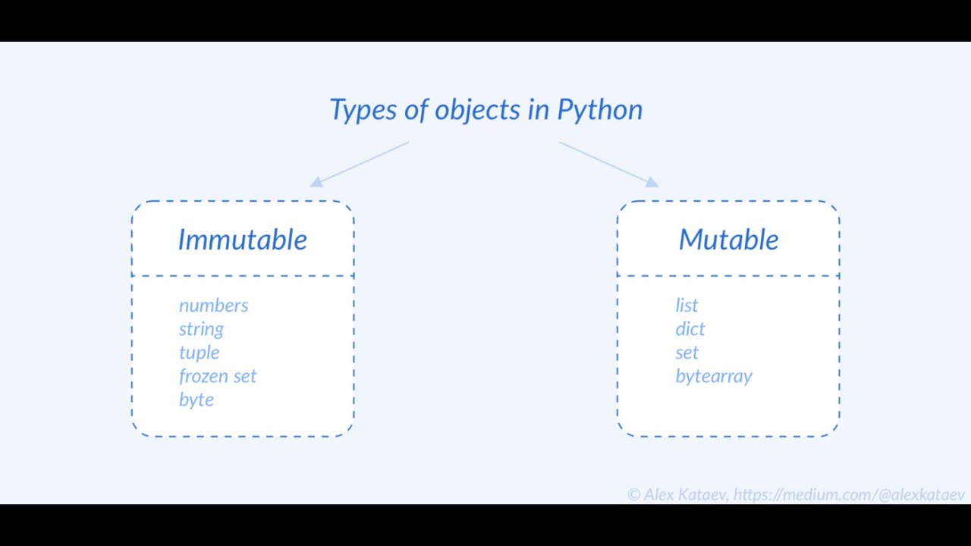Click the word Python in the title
(599, 110)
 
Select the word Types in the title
(363, 110)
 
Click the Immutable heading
(243, 240)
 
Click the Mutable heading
(728, 240)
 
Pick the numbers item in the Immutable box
(213, 306)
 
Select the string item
(201, 329)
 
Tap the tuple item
(199, 353)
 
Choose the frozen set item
(218, 376)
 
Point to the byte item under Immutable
(196, 400)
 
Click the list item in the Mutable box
(687, 306)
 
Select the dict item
(690, 329)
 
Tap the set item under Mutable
(687, 353)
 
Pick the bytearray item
(714, 376)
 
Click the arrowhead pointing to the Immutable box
(316, 182)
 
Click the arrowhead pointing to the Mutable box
(652, 182)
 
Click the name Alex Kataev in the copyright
(686, 495)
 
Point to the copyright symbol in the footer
(634, 495)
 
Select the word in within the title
(539, 110)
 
